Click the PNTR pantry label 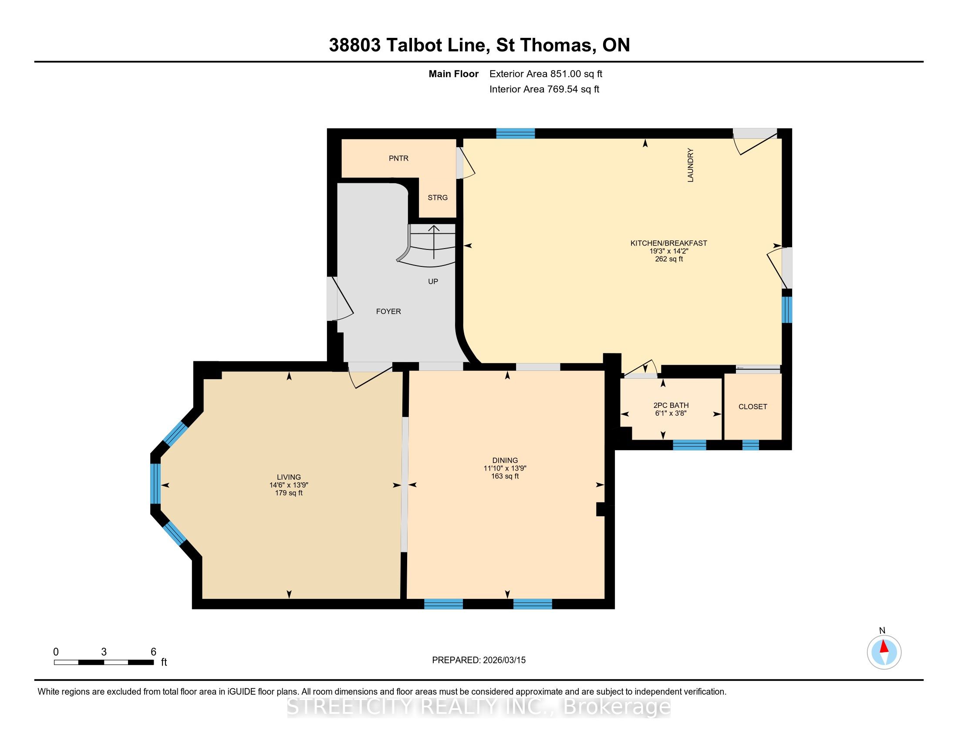398,158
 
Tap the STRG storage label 437,198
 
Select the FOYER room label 388,311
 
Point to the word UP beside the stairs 433,282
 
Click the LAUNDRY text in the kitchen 691,165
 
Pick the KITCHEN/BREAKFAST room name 668,243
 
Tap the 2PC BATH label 671,406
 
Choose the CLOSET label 753,407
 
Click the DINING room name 505,460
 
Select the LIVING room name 289,477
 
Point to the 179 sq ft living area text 289,493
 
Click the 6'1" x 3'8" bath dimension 670,413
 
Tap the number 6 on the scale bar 154,652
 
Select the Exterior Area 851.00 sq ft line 546,74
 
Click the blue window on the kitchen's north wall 516,133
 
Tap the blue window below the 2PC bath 690,445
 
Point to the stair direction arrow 434,242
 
